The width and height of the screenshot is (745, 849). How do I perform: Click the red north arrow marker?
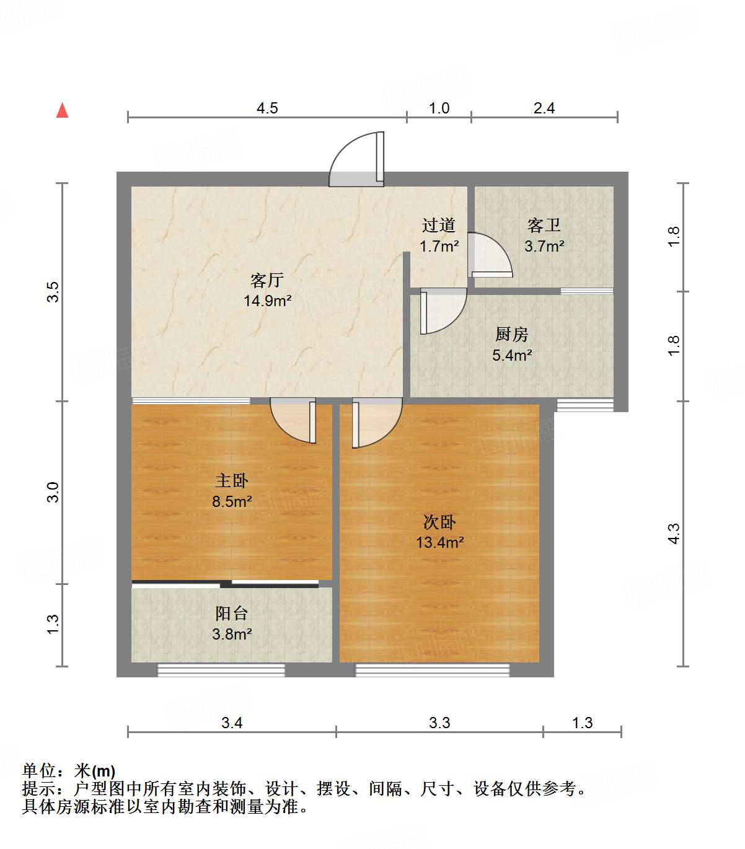(x=62, y=110)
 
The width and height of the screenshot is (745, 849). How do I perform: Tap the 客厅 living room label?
(x=267, y=281)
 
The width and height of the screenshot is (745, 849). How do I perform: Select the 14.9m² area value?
(x=267, y=301)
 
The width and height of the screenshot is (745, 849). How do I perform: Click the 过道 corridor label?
(x=439, y=226)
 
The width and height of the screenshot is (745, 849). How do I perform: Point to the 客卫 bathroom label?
(x=544, y=226)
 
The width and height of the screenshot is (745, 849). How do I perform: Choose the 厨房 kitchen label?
(x=511, y=335)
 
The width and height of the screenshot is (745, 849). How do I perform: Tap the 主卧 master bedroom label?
(x=232, y=481)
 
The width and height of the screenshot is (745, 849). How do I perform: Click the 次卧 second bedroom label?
(x=439, y=522)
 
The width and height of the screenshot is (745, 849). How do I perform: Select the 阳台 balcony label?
(x=232, y=614)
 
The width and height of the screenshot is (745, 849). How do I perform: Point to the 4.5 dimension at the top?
(x=267, y=108)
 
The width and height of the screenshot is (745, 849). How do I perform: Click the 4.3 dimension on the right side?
(x=674, y=533)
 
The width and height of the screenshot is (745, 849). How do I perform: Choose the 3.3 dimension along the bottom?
(x=439, y=723)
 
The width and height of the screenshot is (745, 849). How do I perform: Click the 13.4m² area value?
(x=439, y=543)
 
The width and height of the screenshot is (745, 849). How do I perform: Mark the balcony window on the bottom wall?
(x=221, y=669)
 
